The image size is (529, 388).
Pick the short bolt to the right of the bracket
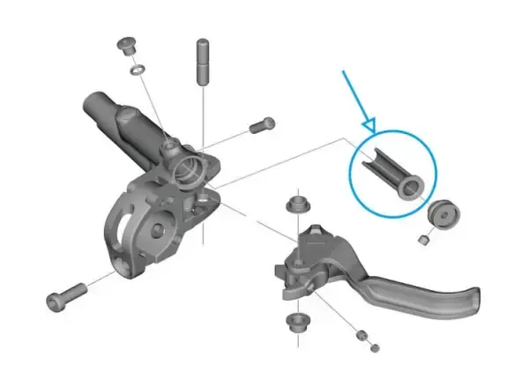259,126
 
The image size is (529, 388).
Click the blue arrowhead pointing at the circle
369,126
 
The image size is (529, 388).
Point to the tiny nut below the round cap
423,239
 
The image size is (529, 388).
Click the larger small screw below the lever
360,335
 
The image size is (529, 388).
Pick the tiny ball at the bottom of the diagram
376,348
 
